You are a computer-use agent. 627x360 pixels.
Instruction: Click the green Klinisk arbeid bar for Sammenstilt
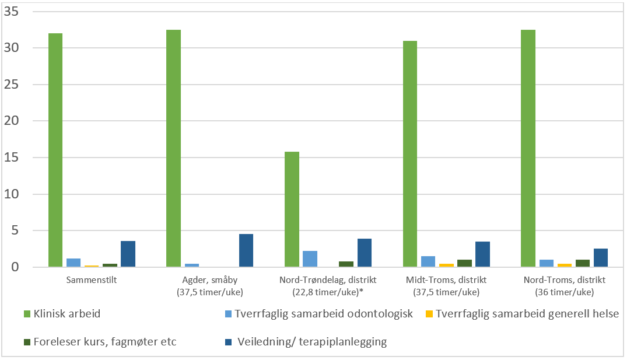click(55, 150)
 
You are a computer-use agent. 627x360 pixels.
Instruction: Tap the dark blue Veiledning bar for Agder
click(246, 251)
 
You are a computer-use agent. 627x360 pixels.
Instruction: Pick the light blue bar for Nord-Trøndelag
click(310, 259)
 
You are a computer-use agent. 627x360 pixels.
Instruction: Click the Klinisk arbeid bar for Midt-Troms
click(409, 154)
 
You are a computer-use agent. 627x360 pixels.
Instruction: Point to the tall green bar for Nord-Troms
click(528, 148)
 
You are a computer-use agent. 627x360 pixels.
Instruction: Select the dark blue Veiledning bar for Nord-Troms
click(600, 258)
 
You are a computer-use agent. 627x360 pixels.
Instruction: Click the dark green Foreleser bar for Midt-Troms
click(464, 263)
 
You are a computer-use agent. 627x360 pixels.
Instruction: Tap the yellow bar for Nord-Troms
click(564, 265)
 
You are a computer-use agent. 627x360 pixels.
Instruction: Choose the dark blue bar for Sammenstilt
click(128, 254)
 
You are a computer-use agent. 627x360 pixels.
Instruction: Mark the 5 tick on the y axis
click(16, 230)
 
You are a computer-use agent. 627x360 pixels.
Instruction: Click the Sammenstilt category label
click(92, 280)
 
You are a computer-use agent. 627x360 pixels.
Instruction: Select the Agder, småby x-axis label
click(209, 286)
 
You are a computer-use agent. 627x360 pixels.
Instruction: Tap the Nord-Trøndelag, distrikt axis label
click(327, 286)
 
